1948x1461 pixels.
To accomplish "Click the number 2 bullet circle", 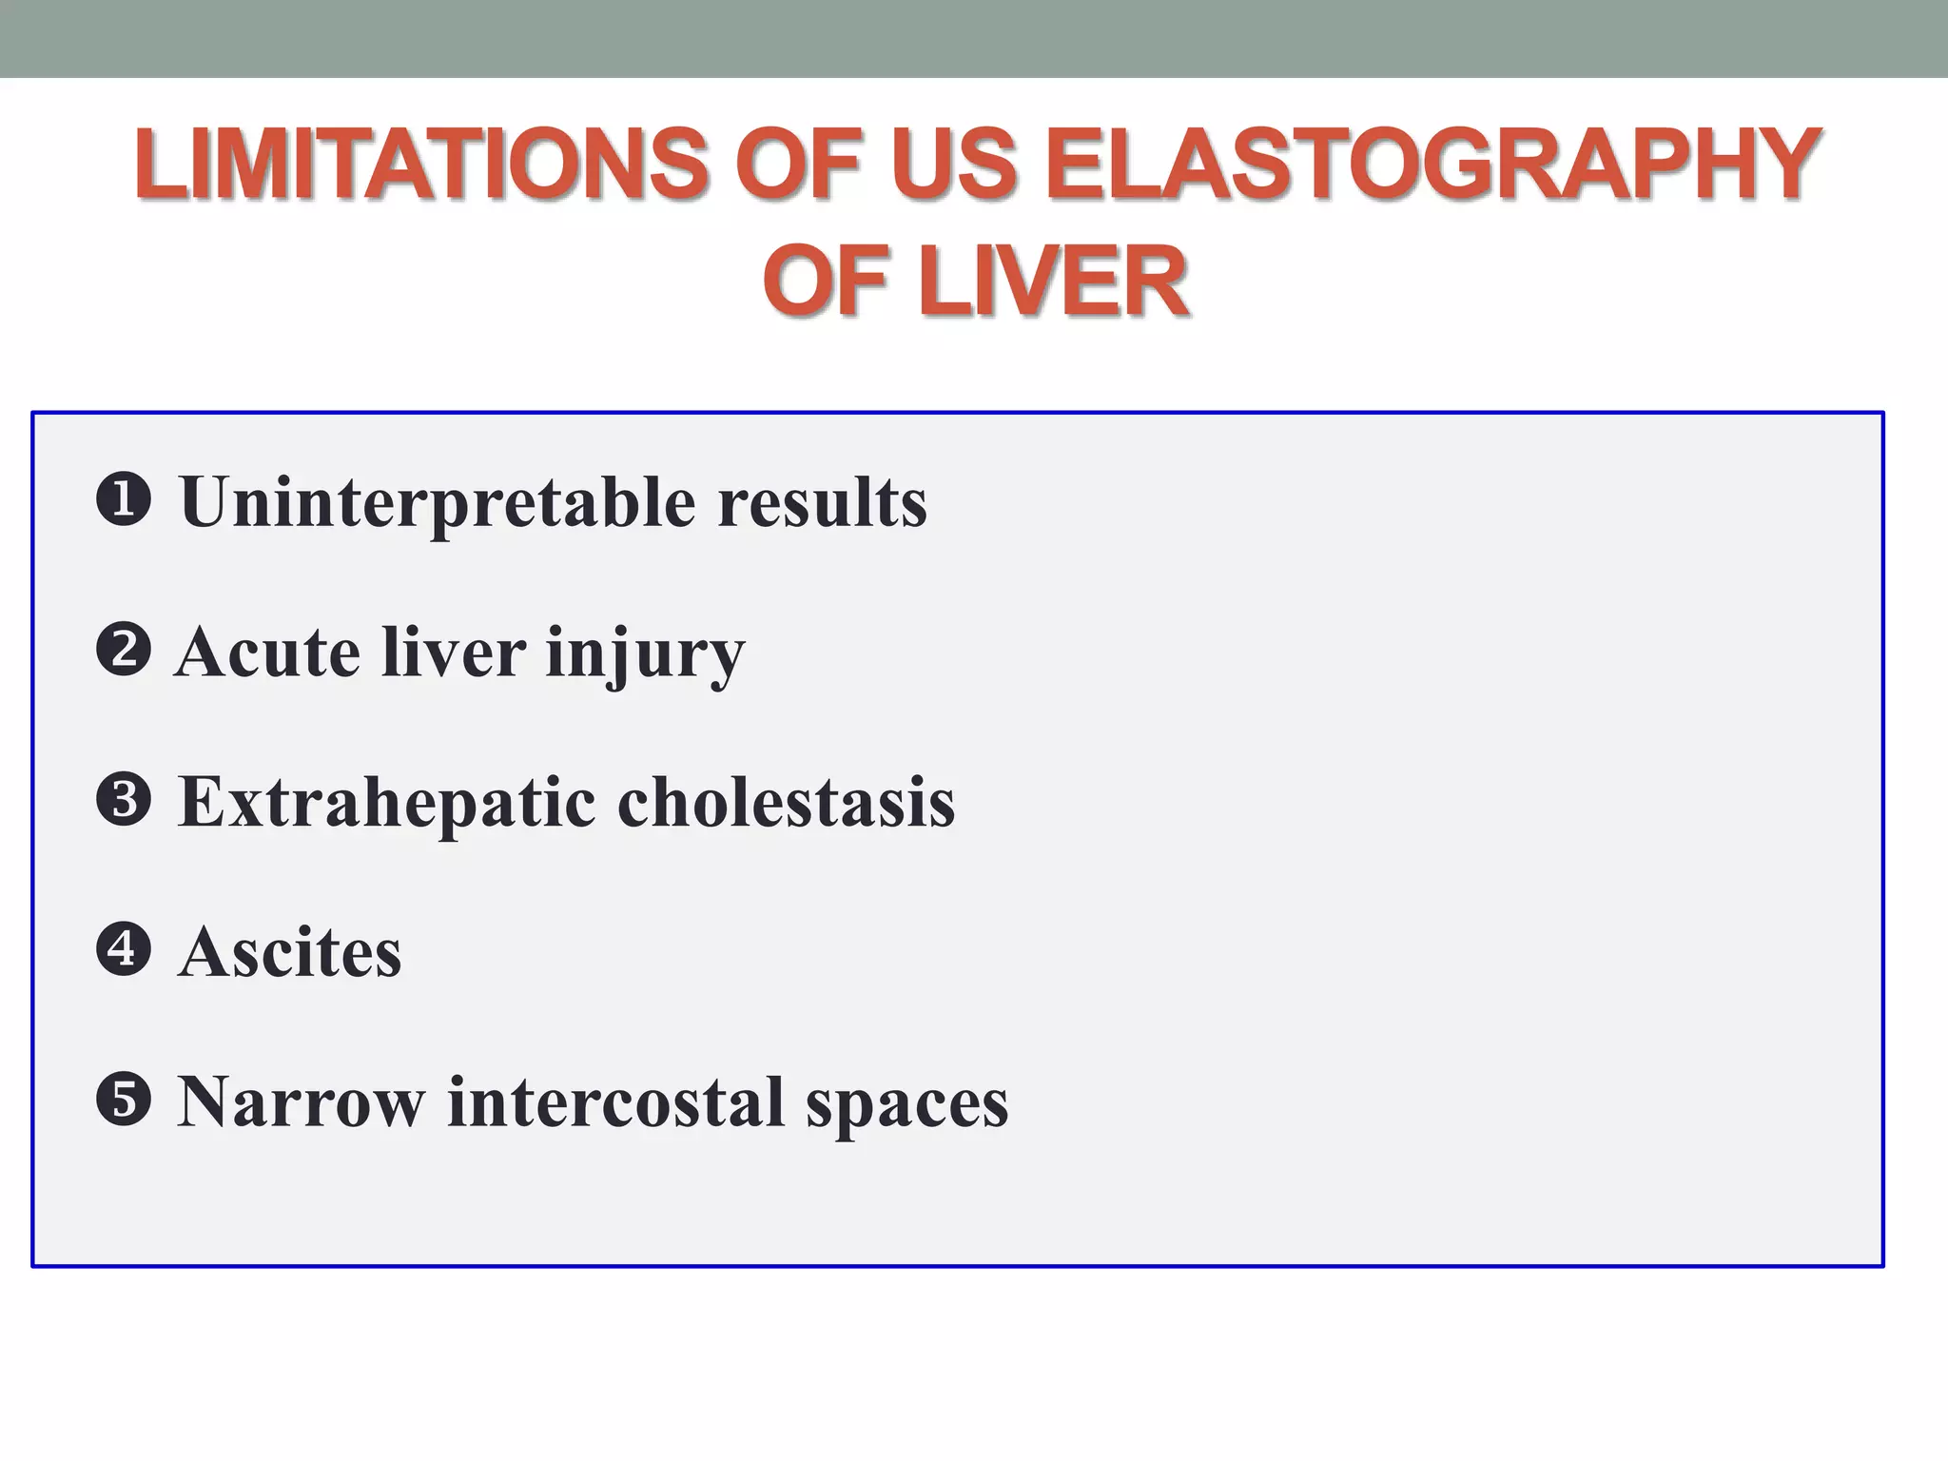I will click(124, 651).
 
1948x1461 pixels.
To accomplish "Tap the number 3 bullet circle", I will click(124, 800).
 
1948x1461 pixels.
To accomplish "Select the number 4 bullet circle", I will click(124, 949).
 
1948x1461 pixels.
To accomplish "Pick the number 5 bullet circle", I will click(124, 1100).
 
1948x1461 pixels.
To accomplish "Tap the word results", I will click(822, 502).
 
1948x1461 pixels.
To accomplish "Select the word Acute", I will click(267, 653).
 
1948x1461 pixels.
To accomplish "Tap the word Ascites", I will click(290, 952).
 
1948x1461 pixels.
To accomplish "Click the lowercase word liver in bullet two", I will click(454, 653).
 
